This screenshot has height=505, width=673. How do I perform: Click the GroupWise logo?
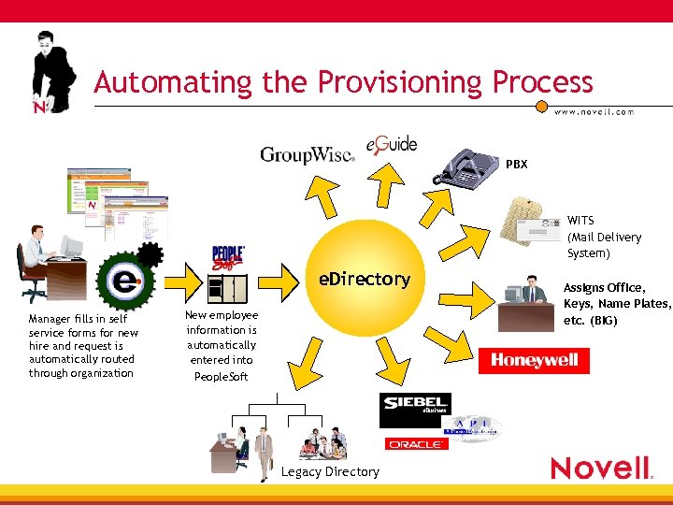tap(307, 155)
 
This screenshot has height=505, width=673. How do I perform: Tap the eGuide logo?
tap(392, 145)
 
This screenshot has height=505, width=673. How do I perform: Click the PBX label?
tap(517, 165)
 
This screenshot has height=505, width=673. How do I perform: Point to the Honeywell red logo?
tap(535, 361)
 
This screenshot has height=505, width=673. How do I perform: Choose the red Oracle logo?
tap(416, 443)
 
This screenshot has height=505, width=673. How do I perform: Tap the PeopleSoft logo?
tap(228, 259)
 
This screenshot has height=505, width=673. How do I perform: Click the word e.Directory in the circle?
tap(365, 279)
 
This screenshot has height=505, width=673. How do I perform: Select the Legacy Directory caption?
tap(330, 471)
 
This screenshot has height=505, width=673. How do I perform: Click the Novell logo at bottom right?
tap(599, 467)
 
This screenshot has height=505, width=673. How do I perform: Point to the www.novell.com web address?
tap(594, 112)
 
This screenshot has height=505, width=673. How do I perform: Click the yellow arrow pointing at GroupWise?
tap(322, 195)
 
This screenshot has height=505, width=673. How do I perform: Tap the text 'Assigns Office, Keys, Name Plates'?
tap(618, 296)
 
